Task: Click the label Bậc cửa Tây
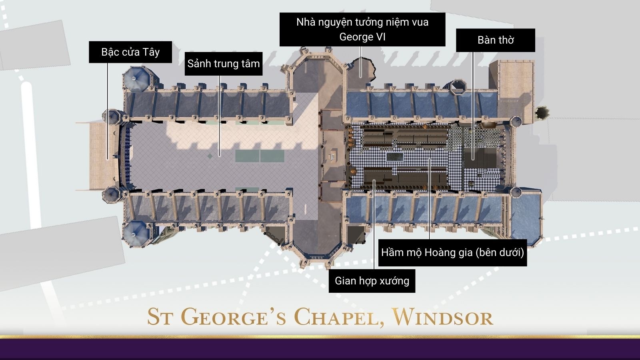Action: [x=130, y=52]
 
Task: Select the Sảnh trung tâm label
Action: [x=223, y=64]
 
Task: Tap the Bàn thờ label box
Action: [x=495, y=40]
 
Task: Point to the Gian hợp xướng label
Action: [x=372, y=281]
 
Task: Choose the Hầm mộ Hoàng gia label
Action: [x=452, y=252]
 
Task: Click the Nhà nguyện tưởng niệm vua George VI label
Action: [x=362, y=29]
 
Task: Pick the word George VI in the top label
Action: [x=362, y=37]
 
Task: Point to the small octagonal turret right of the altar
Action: [x=542, y=113]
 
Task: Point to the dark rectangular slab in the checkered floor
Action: [x=394, y=156]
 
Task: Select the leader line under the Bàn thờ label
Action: [x=473, y=104]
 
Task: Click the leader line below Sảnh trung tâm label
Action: [x=219, y=116]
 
